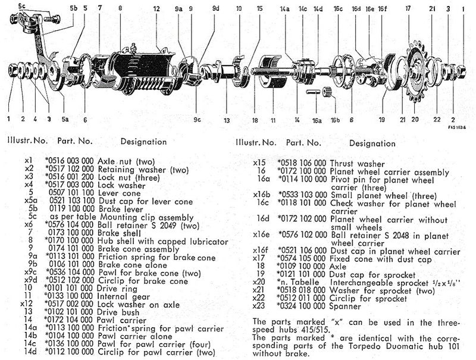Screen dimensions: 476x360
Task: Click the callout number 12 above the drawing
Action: coord(156,9)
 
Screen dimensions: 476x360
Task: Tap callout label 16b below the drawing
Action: coord(336,120)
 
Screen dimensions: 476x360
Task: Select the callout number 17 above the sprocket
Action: coord(408,9)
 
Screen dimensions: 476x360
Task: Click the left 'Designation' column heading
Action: coord(143,142)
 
